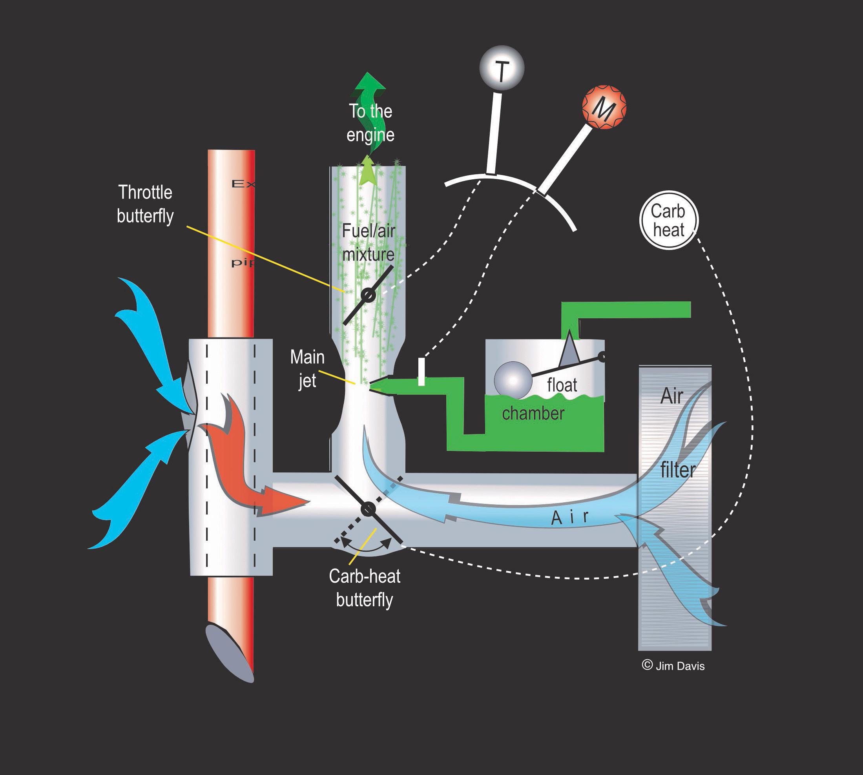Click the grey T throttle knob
click(x=502, y=68)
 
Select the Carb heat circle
click(x=669, y=220)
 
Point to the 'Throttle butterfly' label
click(x=145, y=204)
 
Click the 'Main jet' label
click(x=307, y=368)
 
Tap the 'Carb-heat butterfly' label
click(x=365, y=588)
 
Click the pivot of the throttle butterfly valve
click(x=369, y=295)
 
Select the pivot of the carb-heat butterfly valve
click(x=368, y=509)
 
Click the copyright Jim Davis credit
click(x=673, y=666)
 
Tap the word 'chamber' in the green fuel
click(x=533, y=413)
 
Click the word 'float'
click(x=562, y=385)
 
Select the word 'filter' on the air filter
click(x=677, y=470)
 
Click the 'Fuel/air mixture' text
click(x=369, y=243)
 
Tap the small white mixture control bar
click(x=421, y=372)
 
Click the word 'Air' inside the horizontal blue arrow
click(x=570, y=517)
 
